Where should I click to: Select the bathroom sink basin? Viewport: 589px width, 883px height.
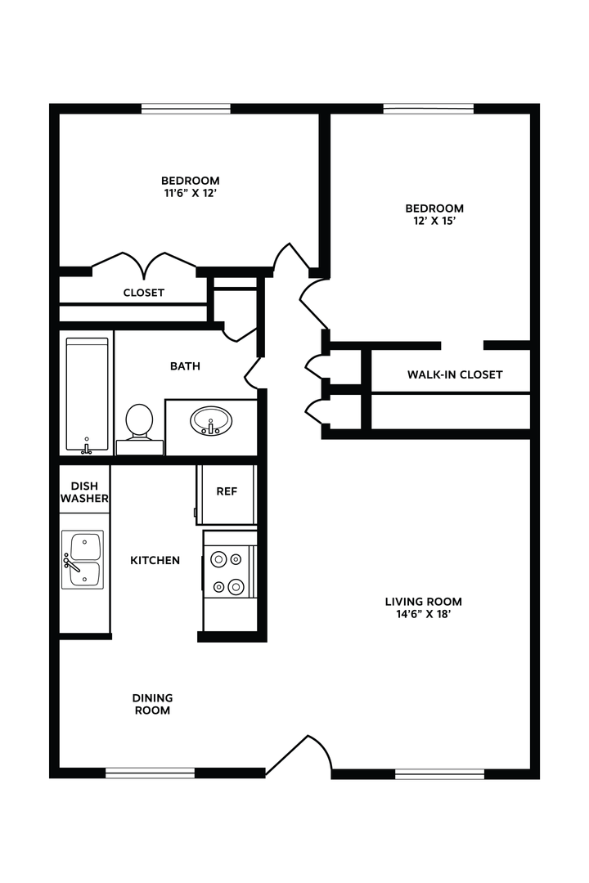tap(211, 422)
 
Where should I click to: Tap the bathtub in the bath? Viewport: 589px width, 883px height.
tap(87, 394)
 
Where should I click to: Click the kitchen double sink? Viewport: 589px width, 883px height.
tap(82, 560)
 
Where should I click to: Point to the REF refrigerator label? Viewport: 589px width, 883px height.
tap(227, 491)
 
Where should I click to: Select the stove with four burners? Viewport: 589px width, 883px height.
tap(227, 572)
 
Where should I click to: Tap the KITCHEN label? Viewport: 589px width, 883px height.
tap(155, 560)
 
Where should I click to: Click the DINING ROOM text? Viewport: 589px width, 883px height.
tap(153, 704)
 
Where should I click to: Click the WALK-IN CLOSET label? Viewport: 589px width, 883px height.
tap(455, 374)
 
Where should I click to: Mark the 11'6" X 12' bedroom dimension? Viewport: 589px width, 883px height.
tap(190, 194)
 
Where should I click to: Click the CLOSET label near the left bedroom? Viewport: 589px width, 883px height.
tap(144, 293)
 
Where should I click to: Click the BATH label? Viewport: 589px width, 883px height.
tap(185, 366)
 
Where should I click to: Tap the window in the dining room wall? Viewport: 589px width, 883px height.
tap(151, 773)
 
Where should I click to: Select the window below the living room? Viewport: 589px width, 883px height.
tap(440, 773)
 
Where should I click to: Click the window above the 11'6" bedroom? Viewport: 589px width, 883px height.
tap(186, 108)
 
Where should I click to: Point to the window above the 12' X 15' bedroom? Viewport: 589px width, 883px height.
tap(429, 108)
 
